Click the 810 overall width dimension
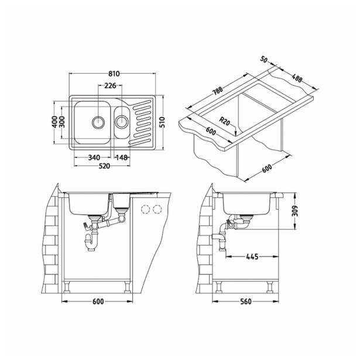pos(114,74)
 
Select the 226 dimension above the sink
pos(109,86)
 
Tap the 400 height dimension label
pos(54,122)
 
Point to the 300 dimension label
pos(62,122)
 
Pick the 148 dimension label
pos(122,157)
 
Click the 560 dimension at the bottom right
pos(246,301)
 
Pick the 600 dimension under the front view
pos(98,301)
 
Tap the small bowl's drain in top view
pos(121,122)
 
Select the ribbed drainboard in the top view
pos(141,122)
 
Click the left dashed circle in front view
pos(145,210)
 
